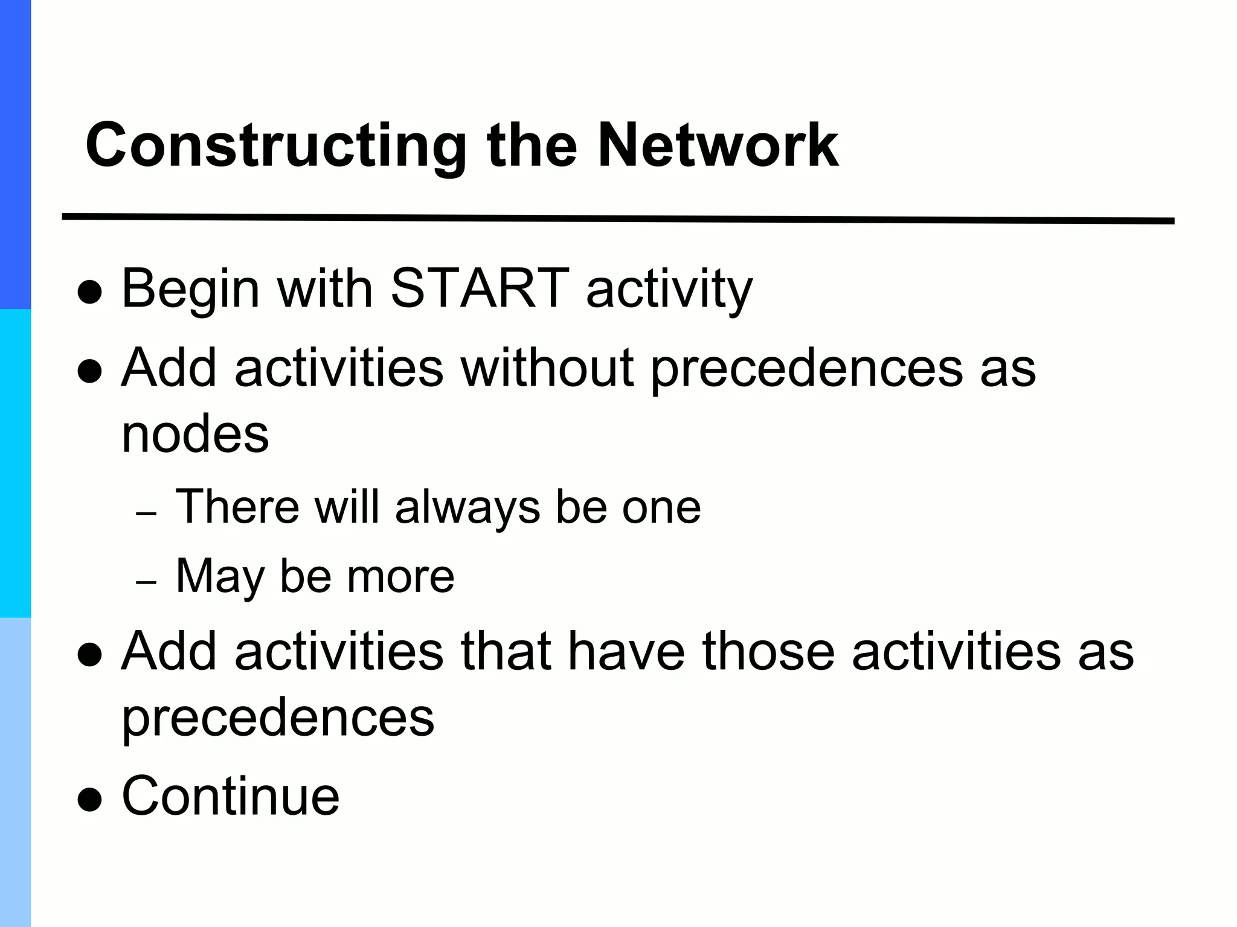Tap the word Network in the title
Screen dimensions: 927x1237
[718, 146]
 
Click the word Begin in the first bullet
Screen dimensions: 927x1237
[191, 290]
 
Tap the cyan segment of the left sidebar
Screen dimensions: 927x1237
[15, 463]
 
